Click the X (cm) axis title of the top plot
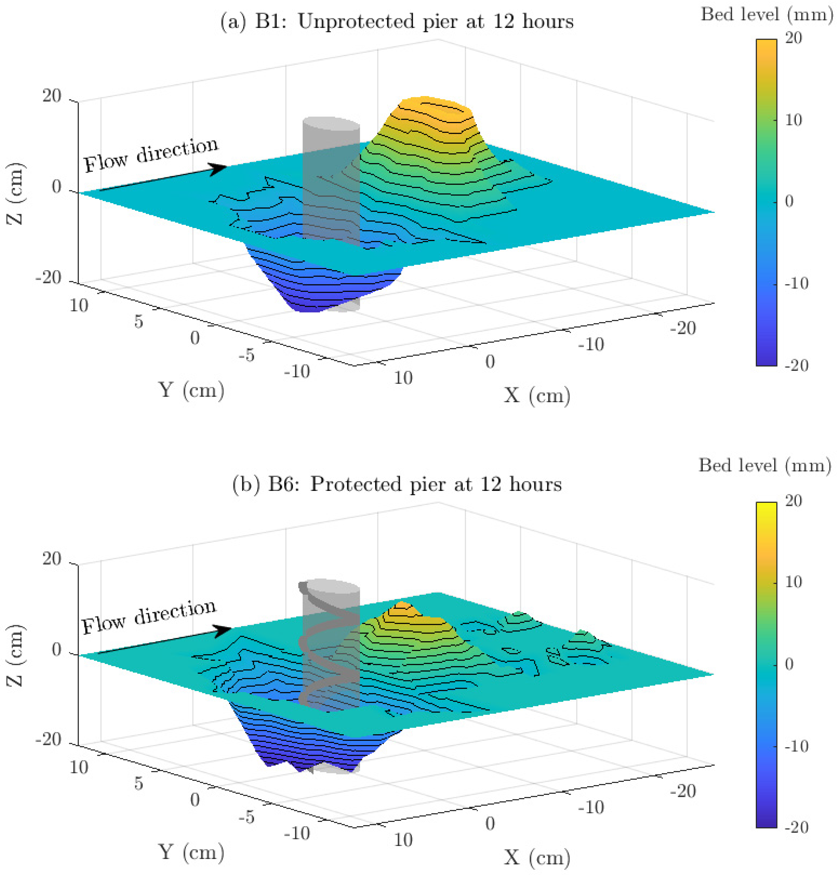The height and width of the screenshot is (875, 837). tap(537, 395)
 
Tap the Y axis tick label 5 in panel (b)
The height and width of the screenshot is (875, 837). tap(139, 783)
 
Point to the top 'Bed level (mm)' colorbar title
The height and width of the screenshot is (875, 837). tap(767, 15)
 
